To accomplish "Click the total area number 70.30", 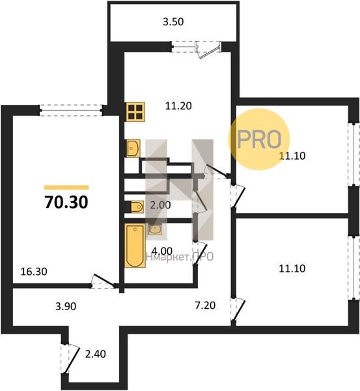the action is click(x=66, y=202).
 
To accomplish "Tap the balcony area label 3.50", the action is click(x=173, y=22).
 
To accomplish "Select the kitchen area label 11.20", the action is click(x=178, y=106).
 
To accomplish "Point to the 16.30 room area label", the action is click(x=34, y=272).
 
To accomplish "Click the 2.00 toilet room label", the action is click(x=160, y=205).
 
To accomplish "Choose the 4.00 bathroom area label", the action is click(x=162, y=251).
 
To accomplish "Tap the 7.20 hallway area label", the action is click(x=205, y=306).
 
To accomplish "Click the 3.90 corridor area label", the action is click(x=66, y=306).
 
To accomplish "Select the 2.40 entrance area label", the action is click(x=96, y=354).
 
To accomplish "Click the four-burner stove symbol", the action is click(x=135, y=112).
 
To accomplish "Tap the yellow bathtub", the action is click(x=135, y=246).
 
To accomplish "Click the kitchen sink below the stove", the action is click(x=133, y=149).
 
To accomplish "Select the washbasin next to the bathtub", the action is click(x=156, y=229).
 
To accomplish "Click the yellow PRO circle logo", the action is click(x=259, y=139).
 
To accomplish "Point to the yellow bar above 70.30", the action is click(x=66, y=187).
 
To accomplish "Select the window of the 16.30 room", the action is click(x=71, y=110).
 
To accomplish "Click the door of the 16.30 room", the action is click(x=104, y=282).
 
